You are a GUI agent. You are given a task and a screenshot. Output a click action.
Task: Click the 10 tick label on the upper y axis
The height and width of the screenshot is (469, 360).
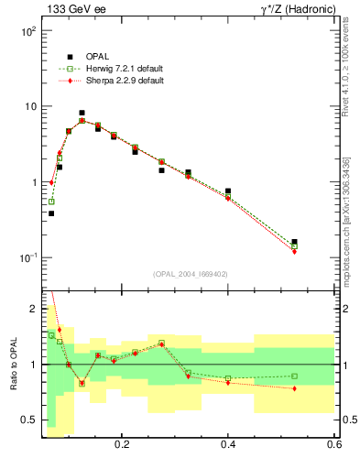pos(29,107)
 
